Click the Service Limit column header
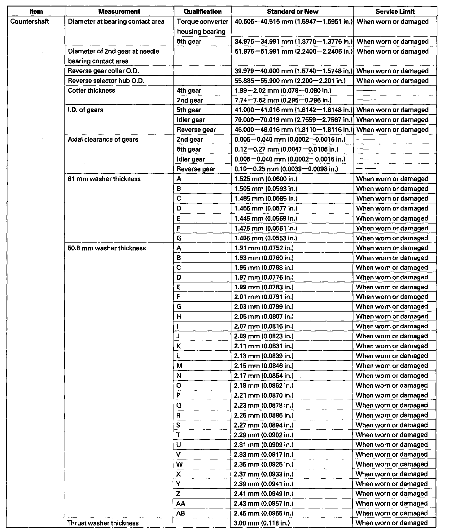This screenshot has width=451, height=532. pos(395,12)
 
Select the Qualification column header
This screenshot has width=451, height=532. pos(203,12)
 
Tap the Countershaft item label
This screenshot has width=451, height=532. pos(30,22)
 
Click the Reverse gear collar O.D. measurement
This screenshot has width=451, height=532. pos(103,71)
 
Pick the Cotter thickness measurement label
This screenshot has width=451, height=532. pos(91,91)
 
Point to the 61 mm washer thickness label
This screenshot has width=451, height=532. pos(104,179)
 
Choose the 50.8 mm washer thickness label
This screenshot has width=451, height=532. pos(107,248)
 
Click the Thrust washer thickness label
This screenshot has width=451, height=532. pos(103,523)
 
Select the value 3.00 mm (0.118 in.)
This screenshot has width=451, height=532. pos(262,523)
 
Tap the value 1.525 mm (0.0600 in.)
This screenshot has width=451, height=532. pos(266,179)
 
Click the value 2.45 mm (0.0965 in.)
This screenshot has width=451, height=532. pos(264,513)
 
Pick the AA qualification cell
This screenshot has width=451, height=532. pos(181,503)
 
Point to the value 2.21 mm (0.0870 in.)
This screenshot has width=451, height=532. pos(264,395)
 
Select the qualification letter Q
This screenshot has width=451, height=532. pos(179,405)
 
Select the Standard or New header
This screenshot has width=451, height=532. pos(292,12)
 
